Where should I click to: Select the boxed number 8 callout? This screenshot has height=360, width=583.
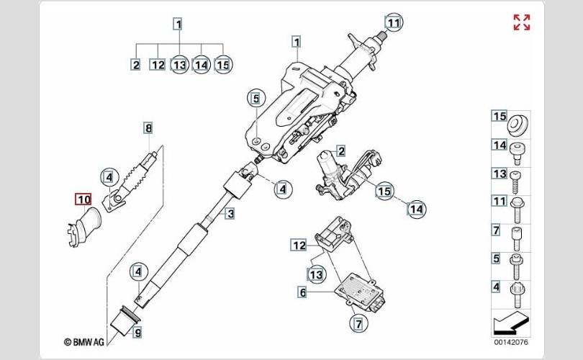148,129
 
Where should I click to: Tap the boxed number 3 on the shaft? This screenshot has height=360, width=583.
230,213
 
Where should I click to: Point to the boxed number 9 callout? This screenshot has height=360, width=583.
137,333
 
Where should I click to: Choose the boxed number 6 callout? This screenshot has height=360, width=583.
302,292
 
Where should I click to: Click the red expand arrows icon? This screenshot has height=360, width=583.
522,22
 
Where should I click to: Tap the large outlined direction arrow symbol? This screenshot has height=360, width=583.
512,320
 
